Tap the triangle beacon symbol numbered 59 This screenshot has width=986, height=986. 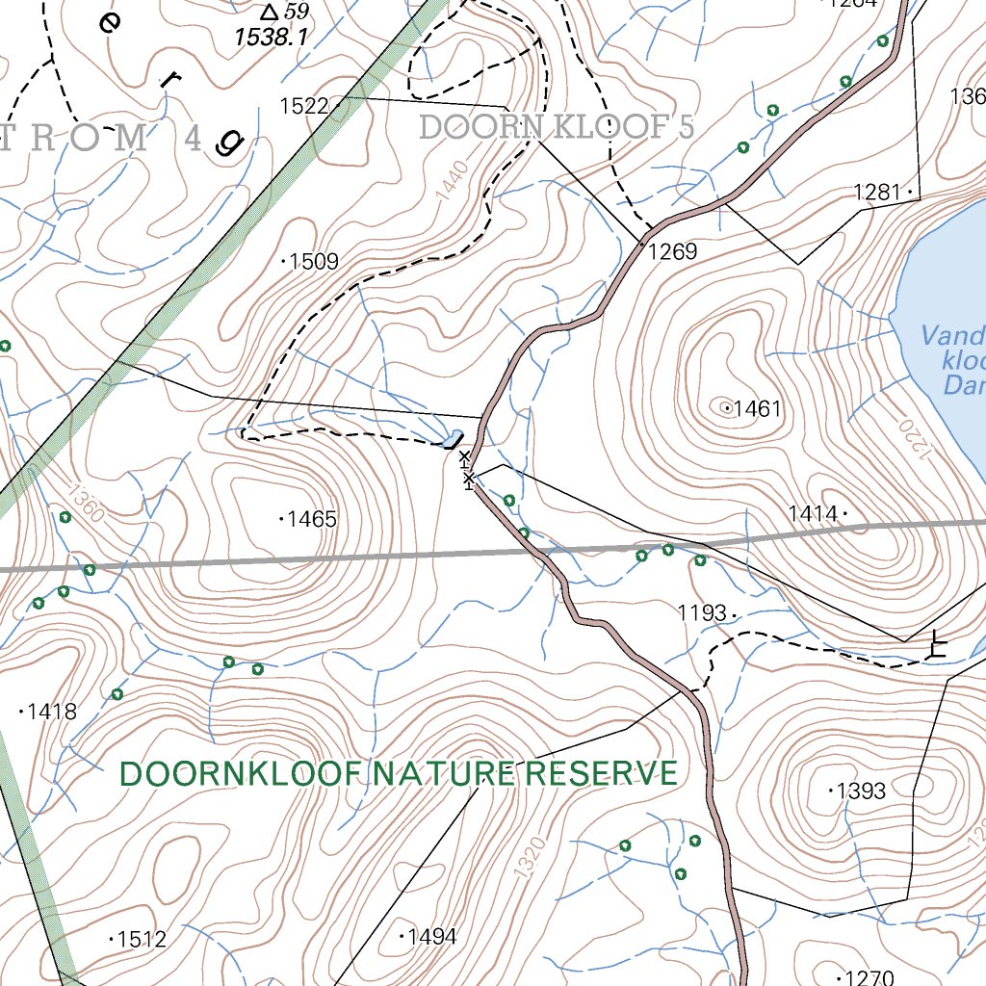[x=270, y=12]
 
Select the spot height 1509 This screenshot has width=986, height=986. [x=313, y=261]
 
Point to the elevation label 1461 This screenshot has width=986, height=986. [x=757, y=409]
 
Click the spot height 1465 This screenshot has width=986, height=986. [x=312, y=520]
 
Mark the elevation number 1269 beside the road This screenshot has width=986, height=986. [x=672, y=252]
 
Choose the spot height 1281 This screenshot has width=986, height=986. [x=877, y=193]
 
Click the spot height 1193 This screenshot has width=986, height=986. [x=702, y=612]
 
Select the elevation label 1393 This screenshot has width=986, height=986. [x=861, y=791]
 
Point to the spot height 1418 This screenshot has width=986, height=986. [x=51, y=713]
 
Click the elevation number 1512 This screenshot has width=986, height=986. [x=141, y=939]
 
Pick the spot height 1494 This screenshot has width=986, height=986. [x=430, y=936]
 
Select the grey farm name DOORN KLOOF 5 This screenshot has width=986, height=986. [x=557, y=127]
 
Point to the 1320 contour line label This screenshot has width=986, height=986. [x=528, y=856]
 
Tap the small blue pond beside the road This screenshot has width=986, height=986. [x=451, y=440]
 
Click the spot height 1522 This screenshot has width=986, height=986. [x=304, y=106]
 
